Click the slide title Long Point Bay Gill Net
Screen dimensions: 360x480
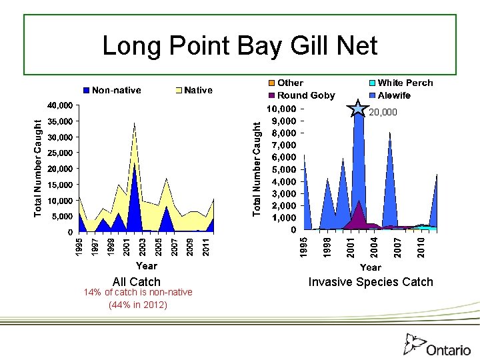[x=240, y=45]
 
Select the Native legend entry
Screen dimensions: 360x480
[x=193, y=90]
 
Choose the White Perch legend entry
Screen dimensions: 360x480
[x=399, y=83]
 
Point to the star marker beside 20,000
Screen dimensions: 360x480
[x=359, y=109]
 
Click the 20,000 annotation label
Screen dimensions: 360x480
[x=383, y=113]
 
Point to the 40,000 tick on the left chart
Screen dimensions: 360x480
[x=59, y=105]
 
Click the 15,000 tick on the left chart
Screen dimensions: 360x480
[x=59, y=185]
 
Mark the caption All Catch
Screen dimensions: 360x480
[x=137, y=282]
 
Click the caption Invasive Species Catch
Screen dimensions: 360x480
[x=371, y=282]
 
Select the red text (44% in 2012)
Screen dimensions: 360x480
[x=137, y=305]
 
